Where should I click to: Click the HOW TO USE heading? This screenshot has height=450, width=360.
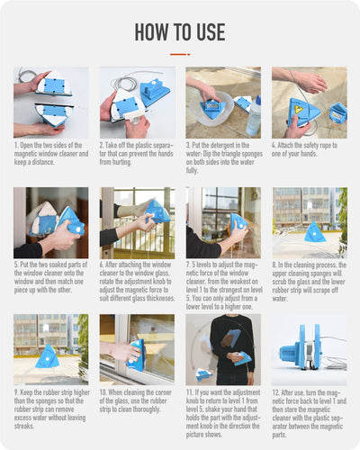pyautogui.click(x=180, y=32)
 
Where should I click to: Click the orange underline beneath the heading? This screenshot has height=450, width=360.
pyautogui.click(x=180, y=54)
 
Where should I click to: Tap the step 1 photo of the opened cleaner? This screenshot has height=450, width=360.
pyautogui.click(x=51, y=102)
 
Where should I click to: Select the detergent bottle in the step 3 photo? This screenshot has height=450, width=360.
pyautogui.click(x=253, y=115)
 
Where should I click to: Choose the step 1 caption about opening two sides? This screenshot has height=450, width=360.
pyautogui.click(x=51, y=154)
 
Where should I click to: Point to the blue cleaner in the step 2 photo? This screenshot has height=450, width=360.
pyautogui.click(x=153, y=90)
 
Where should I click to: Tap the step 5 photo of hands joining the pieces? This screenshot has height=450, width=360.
pyautogui.click(x=51, y=222)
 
